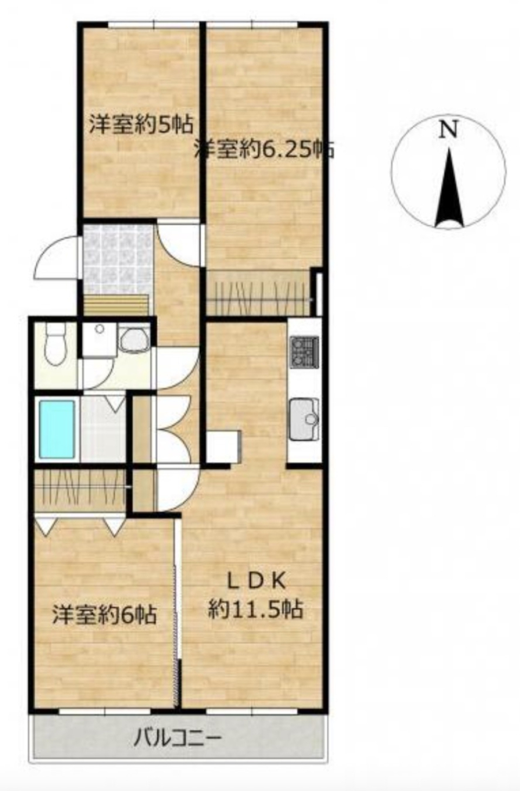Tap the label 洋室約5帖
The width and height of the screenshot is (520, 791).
click(x=141, y=124)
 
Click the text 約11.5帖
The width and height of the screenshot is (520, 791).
click(x=256, y=609)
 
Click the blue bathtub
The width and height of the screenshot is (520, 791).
click(x=57, y=428)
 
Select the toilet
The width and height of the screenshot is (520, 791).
click(x=54, y=345)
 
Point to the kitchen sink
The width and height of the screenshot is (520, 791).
click(x=304, y=419)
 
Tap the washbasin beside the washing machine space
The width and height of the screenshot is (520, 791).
click(x=134, y=340)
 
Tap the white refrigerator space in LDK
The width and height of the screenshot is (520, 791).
click(x=224, y=446)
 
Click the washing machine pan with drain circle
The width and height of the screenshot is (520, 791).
click(x=99, y=339)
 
